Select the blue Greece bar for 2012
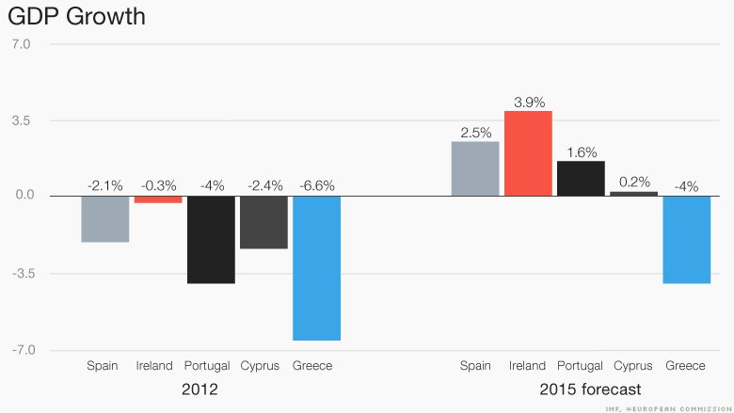point(316,268)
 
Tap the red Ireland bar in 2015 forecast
point(528,153)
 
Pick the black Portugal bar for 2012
point(210,240)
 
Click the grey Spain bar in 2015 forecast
point(475,168)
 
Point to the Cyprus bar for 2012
point(263,223)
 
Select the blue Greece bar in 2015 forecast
point(687,240)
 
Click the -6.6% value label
point(316,185)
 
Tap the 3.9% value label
point(529,101)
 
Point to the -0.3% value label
point(157,185)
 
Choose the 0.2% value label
point(634,182)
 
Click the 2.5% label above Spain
point(475,133)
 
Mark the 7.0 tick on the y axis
point(22,43)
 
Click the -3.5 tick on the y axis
point(20,274)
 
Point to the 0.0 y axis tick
point(22,197)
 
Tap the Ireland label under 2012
point(154,365)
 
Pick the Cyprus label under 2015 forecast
point(633,365)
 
